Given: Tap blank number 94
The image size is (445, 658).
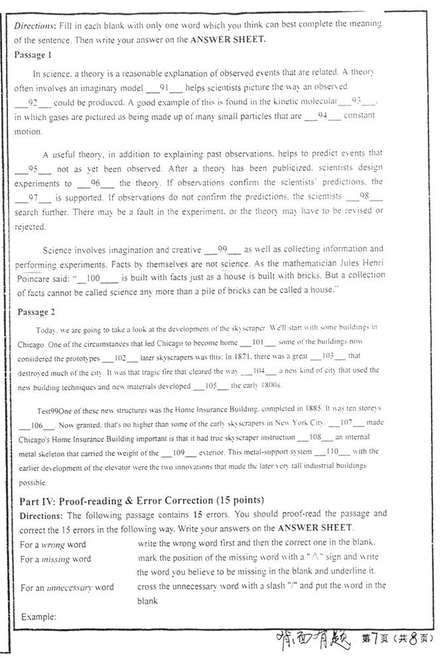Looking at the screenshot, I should point(323,116).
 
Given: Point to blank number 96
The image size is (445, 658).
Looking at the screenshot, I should point(95,183).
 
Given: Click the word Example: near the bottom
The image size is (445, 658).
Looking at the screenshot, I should point(38,616).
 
